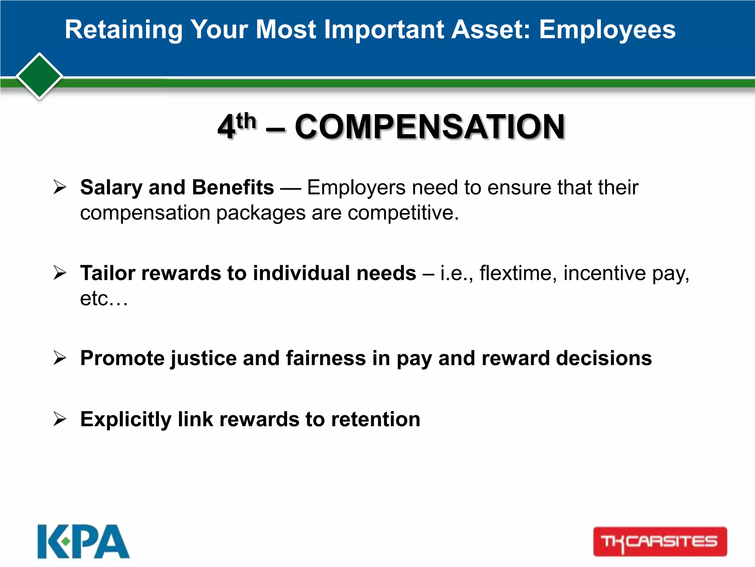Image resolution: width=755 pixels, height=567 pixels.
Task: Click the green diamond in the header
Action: point(39,76)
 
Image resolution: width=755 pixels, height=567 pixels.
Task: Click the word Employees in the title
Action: point(607,30)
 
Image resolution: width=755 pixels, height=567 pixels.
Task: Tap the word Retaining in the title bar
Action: point(123,30)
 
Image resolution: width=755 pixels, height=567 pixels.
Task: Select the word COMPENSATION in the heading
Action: point(429,127)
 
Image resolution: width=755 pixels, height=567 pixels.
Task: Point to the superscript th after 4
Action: point(246,121)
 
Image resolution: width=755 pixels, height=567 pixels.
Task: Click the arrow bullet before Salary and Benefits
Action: point(60,187)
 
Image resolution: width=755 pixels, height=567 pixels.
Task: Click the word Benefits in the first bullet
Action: point(233,187)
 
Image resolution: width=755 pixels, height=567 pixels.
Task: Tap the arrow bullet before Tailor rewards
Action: point(60,273)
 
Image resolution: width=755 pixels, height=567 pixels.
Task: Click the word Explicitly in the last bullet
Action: point(126,419)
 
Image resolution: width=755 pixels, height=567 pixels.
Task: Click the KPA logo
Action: point(84,541)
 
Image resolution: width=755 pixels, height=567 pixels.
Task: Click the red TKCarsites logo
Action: point(660,542)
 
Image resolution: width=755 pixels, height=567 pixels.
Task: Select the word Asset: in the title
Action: point(490,30)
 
